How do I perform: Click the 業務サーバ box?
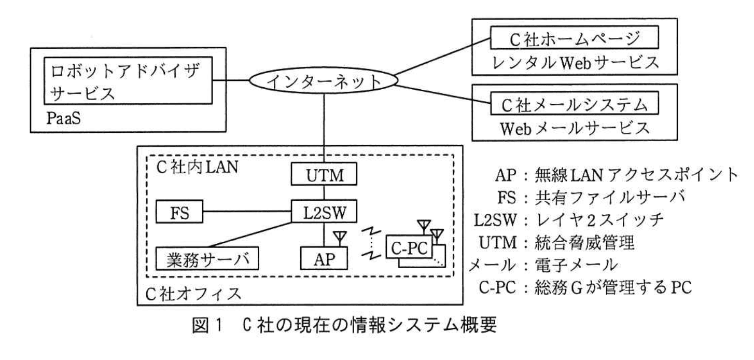pos(207,258)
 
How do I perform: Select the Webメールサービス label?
pos(574,128)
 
